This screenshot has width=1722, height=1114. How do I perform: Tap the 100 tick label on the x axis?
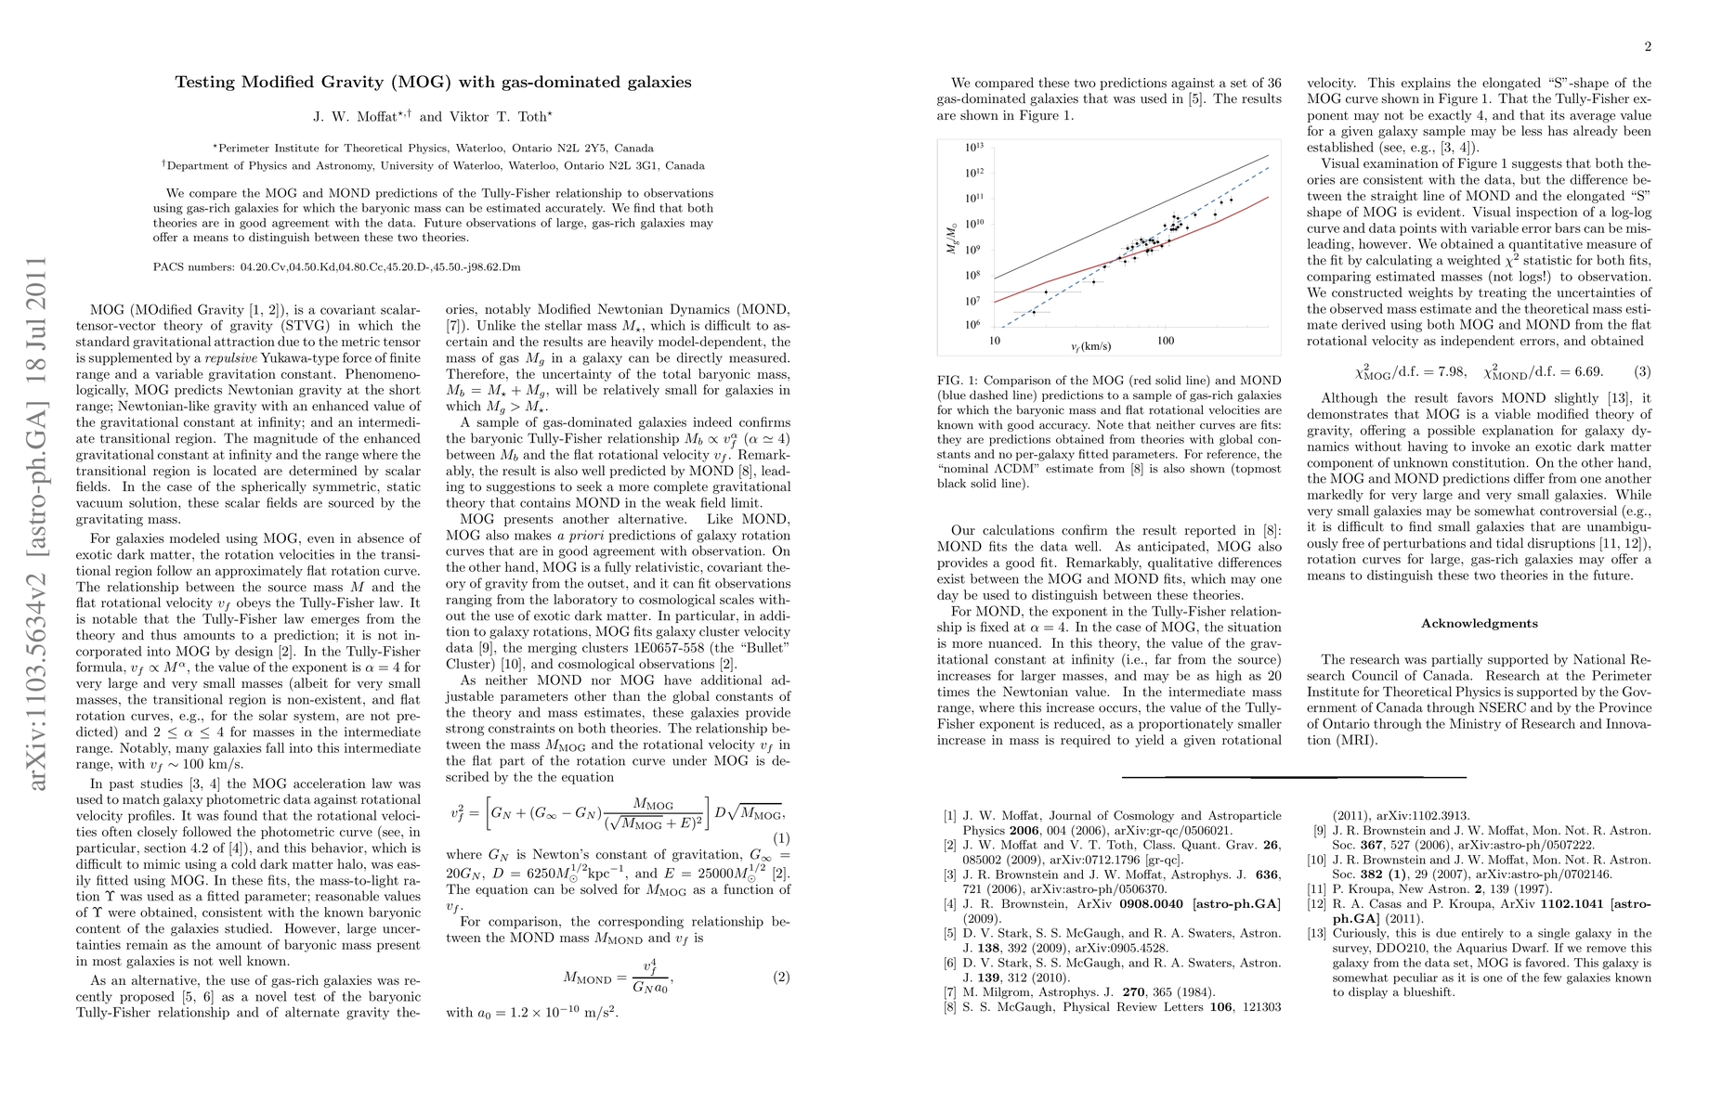[x=1165, y=341]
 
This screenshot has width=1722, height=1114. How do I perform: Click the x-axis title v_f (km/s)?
[x=1090, y=346]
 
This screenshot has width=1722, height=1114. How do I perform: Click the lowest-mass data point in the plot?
[x=1034, y=312]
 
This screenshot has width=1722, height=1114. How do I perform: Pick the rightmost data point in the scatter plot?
[x=1232, y=201]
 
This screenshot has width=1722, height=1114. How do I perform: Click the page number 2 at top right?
[x=1647, y=47]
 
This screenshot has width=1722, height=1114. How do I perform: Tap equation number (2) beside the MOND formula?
[x=781, y=977]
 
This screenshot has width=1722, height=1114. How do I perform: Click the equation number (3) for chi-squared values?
[x=1642, y=372]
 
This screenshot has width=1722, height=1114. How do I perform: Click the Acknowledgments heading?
[x=1479, y=623]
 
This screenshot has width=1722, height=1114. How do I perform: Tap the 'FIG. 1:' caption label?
[x=958, y=381]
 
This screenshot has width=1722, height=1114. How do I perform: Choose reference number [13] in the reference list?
[x=1318, y=933]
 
